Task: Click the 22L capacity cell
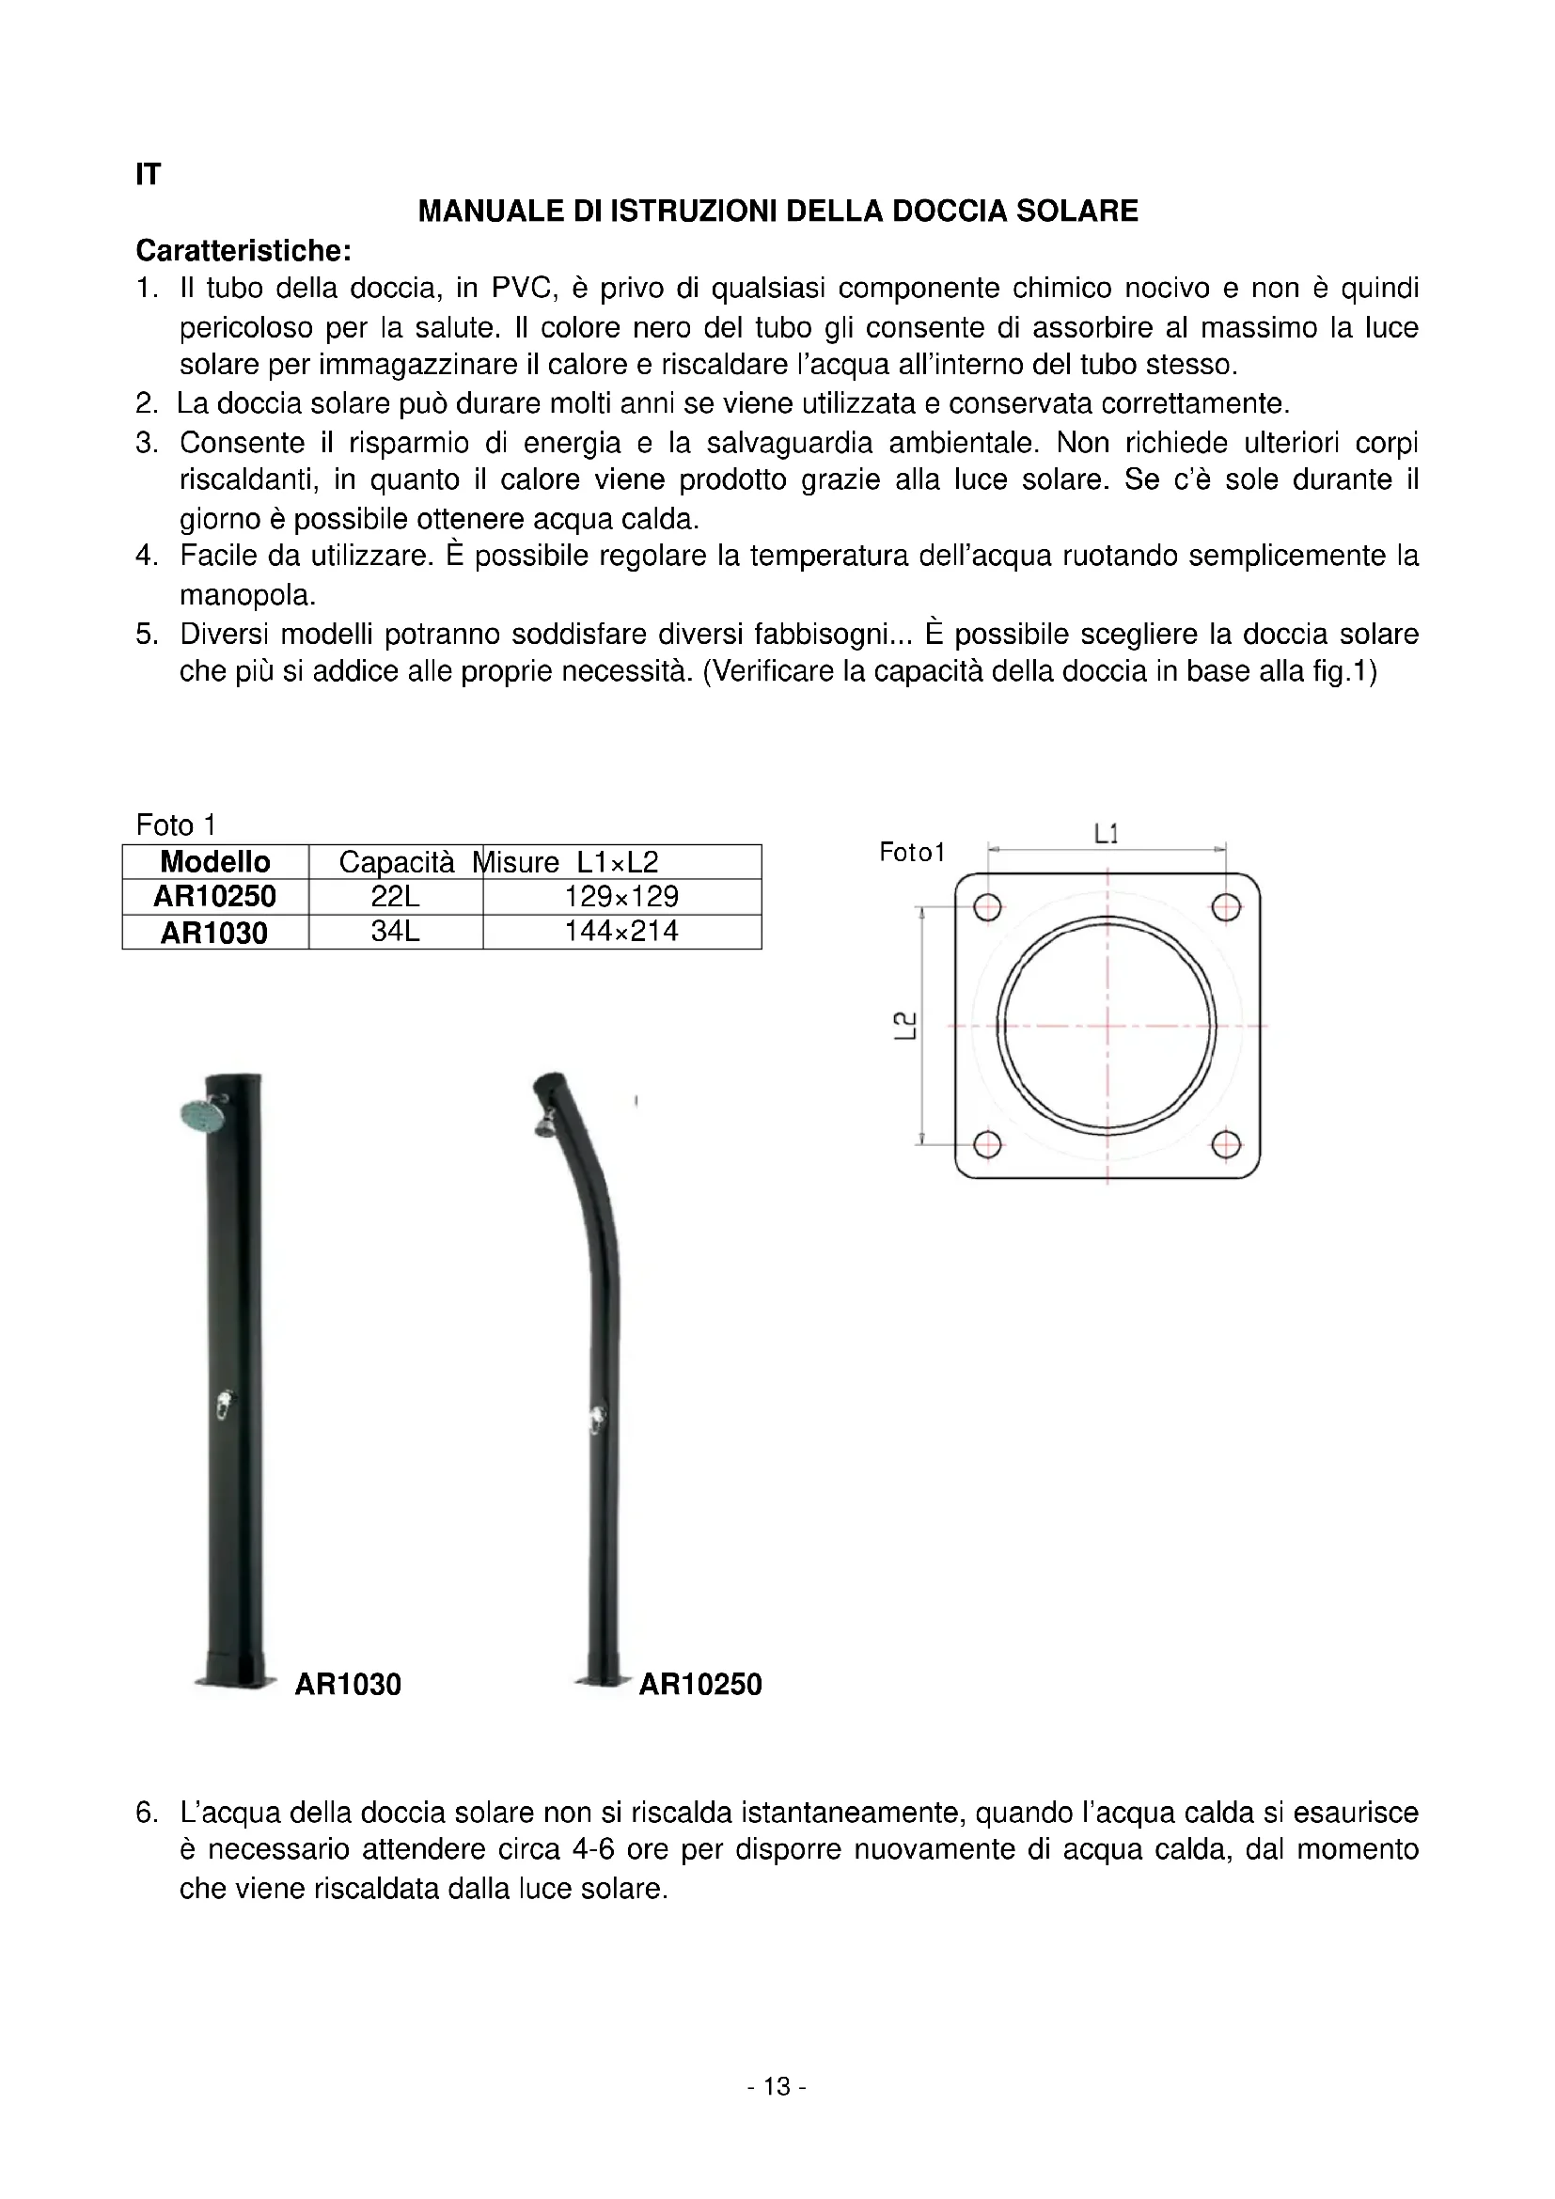tap(396, 898)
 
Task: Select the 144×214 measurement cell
tap(621, 932)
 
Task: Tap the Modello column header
tap(215, 862)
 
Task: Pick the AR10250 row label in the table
tap(215, 898)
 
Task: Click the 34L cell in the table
tap(396, 932)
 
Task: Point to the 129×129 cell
tap(621, 898)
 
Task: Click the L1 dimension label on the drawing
tap(1106, 834)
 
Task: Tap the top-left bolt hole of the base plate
tap(988, 907)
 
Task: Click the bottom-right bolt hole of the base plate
tap(1227, 1143)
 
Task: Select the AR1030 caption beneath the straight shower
tap(348, 1685)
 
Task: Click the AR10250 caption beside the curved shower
tap(700, 1685)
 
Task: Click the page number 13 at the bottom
tap(777, 2086)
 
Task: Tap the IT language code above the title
tap(149, 174)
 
